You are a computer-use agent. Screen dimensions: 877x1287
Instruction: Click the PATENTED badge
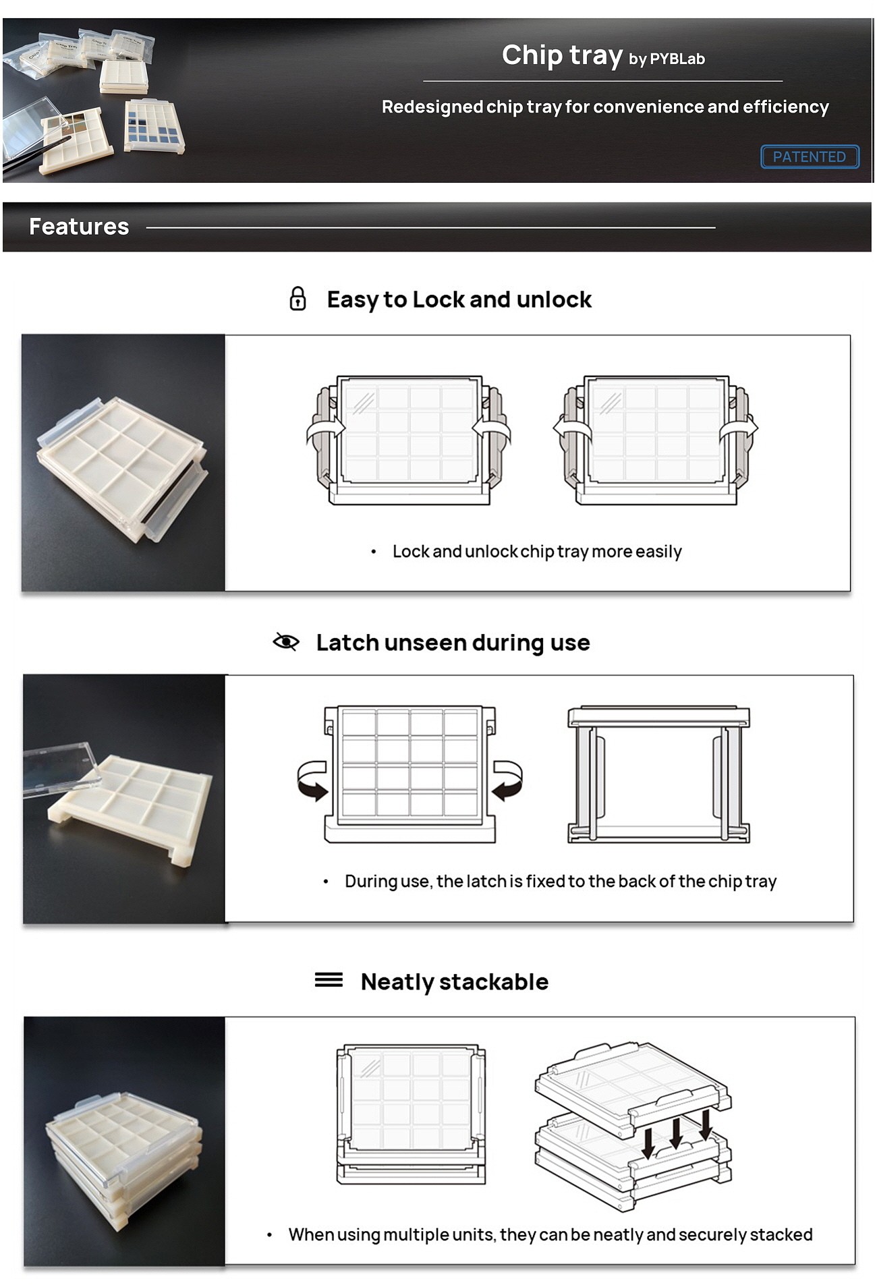click(810, 156)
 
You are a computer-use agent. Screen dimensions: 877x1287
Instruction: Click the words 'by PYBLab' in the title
click(667, 59)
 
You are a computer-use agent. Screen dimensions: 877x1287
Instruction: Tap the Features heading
click(79, 227)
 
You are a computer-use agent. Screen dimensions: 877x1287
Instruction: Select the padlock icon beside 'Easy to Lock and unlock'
click(298, 298)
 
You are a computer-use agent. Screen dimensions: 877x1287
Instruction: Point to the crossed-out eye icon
click(286, 641)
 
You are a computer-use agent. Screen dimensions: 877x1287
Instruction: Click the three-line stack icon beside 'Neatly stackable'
click(329, 979)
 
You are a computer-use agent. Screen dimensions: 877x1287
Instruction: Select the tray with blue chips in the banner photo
click(154, 125)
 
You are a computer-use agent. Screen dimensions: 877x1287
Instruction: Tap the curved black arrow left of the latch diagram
click(312, 780)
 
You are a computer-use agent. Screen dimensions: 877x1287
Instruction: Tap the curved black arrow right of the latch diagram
click(507, 780)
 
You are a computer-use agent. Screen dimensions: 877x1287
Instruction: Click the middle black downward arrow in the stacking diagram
click(677, 1133)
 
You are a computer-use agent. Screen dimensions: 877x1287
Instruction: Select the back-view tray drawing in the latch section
click(658, 774)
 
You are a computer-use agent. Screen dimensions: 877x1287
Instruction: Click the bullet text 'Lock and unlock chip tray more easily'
click(537, 552)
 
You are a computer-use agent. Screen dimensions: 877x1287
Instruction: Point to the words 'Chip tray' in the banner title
click(562, 55)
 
